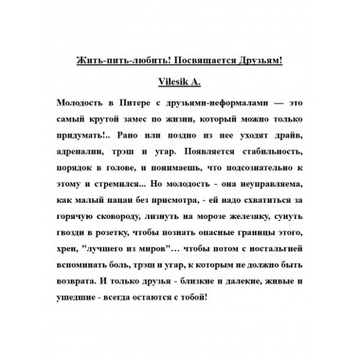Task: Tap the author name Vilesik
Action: coord(172,82)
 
